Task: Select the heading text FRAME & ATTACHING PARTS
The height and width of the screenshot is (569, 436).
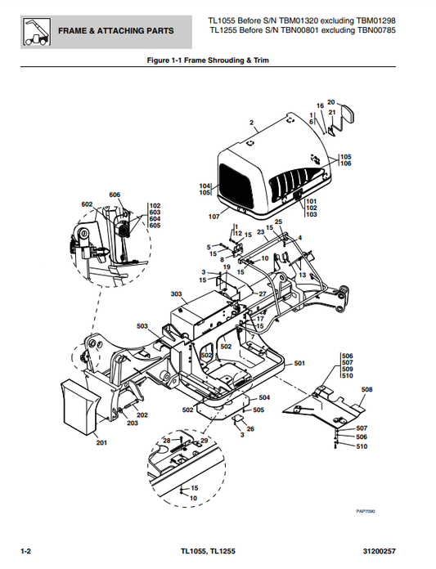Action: [115, 31]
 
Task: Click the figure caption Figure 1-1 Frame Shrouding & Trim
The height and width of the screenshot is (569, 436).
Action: [207, 60]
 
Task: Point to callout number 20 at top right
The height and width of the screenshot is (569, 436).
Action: [330, 102]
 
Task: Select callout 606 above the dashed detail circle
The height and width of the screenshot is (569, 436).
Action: [115, 195]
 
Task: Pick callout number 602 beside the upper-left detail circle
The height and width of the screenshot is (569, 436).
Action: [87, 204]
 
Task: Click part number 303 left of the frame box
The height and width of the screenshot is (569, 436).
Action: [176, 293]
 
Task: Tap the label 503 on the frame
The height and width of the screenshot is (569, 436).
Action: [142, 326]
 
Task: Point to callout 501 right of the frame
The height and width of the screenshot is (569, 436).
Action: [299, 362]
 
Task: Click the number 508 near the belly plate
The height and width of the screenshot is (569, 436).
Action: [366, 389]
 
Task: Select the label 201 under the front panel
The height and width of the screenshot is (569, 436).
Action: [101, 443]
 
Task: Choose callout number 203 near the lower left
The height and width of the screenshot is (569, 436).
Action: [132, 423]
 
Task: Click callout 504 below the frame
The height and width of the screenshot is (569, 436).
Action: [264, 397]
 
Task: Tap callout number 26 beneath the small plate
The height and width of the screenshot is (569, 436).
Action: [250, 428]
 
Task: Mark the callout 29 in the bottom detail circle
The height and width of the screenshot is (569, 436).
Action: [205, 441]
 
